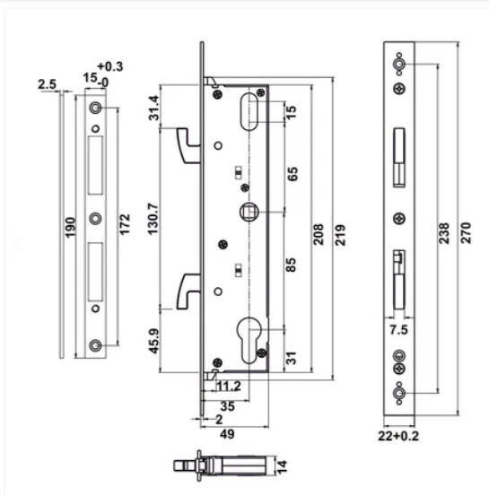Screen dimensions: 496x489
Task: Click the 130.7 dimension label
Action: pos(153,215)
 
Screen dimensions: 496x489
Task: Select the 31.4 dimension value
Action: pos(153,107)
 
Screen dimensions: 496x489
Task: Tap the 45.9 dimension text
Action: pos(153,343)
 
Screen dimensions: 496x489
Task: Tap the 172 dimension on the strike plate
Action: pos(125,224)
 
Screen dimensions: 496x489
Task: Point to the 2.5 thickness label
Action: pos(48,85)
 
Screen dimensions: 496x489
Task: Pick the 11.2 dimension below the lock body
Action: pos(230,387)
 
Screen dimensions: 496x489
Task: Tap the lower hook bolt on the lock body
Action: pos(188,290)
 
